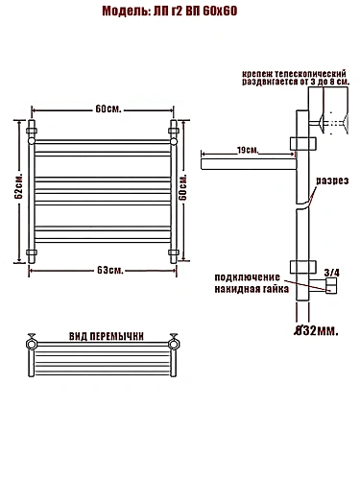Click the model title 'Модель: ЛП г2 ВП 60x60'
click(170, 11)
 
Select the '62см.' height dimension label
click(18, 186)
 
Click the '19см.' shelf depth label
click(248, 150)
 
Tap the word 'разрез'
click(332, 180)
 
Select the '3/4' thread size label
click(332, 273)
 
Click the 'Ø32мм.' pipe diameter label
click(316, 331)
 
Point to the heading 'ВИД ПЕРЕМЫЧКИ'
click(107, 336)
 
